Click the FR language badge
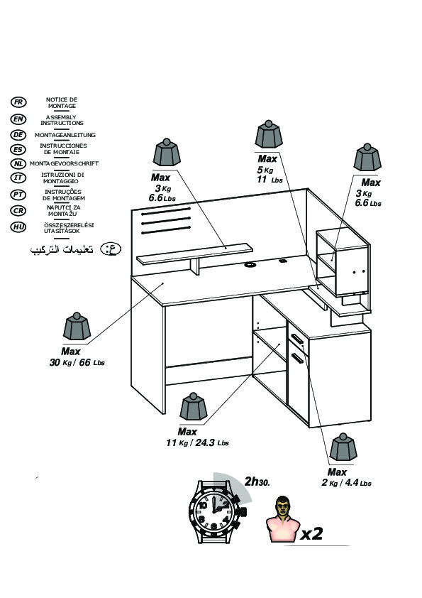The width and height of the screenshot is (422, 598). tap(18, 102)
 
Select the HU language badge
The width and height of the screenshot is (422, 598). tap(18, 227)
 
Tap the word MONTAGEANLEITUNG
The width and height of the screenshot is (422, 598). tap(65, 135)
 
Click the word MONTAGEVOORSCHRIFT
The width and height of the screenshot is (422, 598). tap(64, 163)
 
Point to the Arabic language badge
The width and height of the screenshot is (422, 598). tap(111, 249)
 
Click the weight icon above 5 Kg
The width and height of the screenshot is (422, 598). tap(269, 135)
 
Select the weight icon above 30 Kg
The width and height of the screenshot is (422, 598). tap(77, 327)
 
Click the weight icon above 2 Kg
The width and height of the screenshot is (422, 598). tap(343, 447)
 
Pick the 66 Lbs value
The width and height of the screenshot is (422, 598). tap(91, 362)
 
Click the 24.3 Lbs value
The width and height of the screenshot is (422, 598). tap(212, 442)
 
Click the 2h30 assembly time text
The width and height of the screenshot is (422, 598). tap(257, 482)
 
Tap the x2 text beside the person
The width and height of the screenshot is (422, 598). tap(311, 533)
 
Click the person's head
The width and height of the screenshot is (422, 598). tap(282, 506)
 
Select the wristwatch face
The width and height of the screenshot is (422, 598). tap(214, 511)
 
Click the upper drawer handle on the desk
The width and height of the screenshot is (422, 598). tap(296, 338)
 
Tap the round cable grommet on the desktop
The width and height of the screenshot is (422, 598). tap(250, 264)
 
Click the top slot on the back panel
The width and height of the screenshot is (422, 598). tap(166, 210)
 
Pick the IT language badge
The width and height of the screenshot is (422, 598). tap(18, 178)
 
